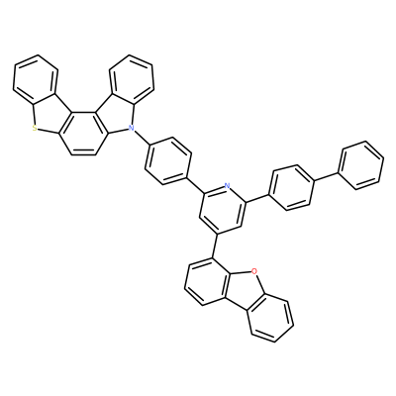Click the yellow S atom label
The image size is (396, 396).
pos(35,129)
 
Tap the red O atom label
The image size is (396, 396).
pos(253,271)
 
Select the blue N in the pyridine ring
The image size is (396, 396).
pos(227,185)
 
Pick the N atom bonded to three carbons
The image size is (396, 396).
pos(131,127)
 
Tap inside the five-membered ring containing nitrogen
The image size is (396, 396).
pos(114,115)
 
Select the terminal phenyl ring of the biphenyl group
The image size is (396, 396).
pos(361,165)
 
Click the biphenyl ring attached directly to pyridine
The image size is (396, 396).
pos(291,188)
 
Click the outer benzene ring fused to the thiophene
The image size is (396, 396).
pos(36,79)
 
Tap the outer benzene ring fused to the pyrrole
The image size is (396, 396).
pos(132,79)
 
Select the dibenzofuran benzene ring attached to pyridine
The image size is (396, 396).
pos(206,281)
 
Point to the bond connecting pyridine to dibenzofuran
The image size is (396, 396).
pos(215,246)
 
